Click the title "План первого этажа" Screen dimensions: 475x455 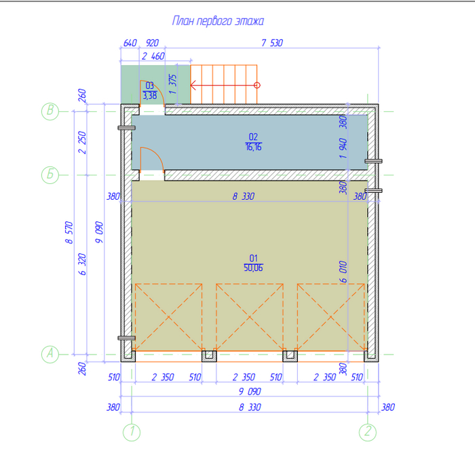tap(218, 21)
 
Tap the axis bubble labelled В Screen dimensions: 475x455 tap(50, 111)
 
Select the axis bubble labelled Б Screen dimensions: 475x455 tap(50, 175)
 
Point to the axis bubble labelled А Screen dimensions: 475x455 tap(50, 354)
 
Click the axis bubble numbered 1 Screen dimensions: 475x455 tap(132, 432)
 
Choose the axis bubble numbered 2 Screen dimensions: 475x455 tap(368, 432)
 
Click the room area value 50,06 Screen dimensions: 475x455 tap(253, 268)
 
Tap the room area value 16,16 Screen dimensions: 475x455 tap(254, 147)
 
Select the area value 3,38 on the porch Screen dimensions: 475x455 tap(150, 96)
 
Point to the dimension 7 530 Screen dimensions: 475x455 tap(272, 43)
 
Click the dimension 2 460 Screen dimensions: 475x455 tap(153, 56)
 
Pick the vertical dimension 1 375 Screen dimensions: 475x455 tap(172, 84)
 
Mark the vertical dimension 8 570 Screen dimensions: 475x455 tap(69, 232)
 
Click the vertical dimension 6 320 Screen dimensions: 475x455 tap(82, 264)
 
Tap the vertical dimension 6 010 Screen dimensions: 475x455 tap(343, 272)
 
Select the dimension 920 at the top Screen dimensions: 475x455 tap(152, 43)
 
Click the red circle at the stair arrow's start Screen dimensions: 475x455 tap(257, 85)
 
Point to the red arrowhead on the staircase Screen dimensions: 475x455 tap(193, 85)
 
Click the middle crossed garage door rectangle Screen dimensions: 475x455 tap(250, 317)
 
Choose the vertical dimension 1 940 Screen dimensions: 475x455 tap(343, 148)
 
